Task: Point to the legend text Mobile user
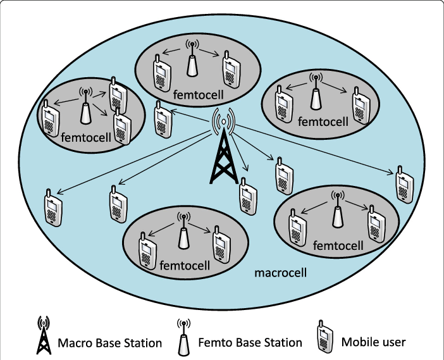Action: click(373, 342)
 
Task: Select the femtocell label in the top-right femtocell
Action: click(323, 121)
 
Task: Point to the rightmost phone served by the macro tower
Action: click(404, 184)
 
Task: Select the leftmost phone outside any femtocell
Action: click(53, 208)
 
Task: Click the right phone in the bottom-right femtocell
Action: click(376, 223)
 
